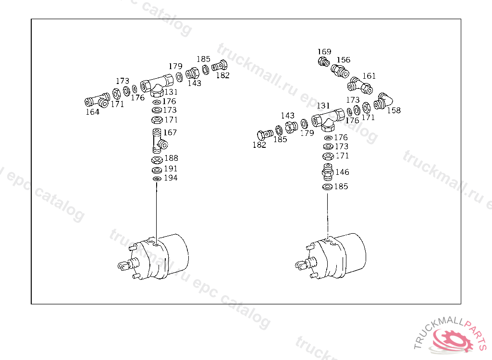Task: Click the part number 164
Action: pyautogui.click(x=92, y=112)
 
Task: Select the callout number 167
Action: pyautogui.click(x=170, y=132)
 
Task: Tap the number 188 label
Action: pyautogui.click(x=171, y=158)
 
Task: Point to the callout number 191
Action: pyautogui.click(x=171, y=168)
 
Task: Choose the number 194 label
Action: pyautogui.click(x=171, y=178)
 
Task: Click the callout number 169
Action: pyautogui.click(x=324, y=52)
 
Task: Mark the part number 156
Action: pyautogui.click(x=343, y=60)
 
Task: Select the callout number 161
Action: pyautogui.click(x=369, y=76)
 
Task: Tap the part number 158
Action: pyautogui.click(x=394, y=110)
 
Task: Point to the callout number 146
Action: pyautogui.click(x=342, y=172)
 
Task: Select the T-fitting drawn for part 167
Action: pyautogui.click(x=158, y=139)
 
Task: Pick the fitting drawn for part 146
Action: pyautogui.click(x=327, y=172)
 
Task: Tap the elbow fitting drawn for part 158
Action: pyautogui.click(x=383, y=101)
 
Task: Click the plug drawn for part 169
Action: pyautogui.click(x=323, y=61)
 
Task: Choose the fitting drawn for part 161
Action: pyautogui.click(x=359, y=85)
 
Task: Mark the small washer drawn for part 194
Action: pyautogui.click(x=156, y=179)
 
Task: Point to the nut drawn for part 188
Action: pyautogui.click(x=157, y=159)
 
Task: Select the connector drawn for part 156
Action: pyautogui.click(x=340, y=71)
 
